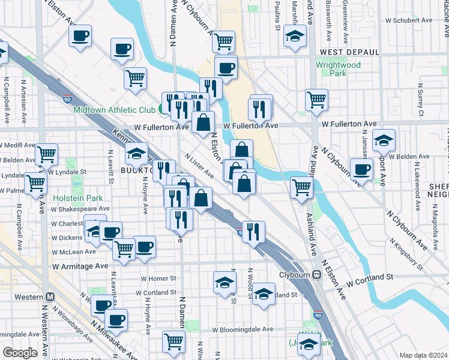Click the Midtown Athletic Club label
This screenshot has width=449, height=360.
[115, 110]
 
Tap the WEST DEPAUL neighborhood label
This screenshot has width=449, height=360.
[350, 52]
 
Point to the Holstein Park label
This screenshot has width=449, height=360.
[77, 198]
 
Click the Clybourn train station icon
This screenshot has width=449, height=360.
[316, 275]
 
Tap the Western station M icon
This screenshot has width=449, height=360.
[50, 297]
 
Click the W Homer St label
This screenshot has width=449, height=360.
[158, 278]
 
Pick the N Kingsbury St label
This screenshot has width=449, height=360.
[406, 253]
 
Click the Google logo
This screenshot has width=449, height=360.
[20, 353]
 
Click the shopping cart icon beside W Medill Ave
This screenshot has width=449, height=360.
[46, 155]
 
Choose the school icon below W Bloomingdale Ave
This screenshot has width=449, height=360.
[309, 344]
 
